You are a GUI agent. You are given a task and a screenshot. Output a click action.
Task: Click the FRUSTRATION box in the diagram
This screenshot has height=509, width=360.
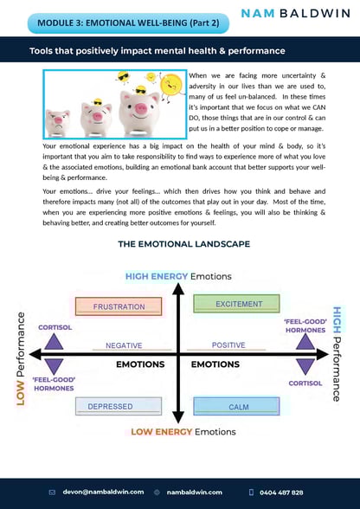pos(119,306)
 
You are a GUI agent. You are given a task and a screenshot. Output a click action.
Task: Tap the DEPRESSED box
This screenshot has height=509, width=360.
pos(119,406)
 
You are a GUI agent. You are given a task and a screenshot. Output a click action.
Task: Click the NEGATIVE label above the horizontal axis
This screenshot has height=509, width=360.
pos(124,345)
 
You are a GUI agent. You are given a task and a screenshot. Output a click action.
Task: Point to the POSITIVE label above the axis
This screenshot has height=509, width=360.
pos(228,345)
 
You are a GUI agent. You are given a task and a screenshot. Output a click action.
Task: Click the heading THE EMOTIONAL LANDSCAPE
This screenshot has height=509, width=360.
pos(179,245)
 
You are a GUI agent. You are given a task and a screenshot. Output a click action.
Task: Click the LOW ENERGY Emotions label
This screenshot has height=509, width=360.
pos(183,431)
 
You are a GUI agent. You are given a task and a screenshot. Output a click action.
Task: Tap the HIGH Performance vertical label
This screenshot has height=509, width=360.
pos(337,354)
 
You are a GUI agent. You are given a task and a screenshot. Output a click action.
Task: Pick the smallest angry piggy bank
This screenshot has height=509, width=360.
pos(59,122)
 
